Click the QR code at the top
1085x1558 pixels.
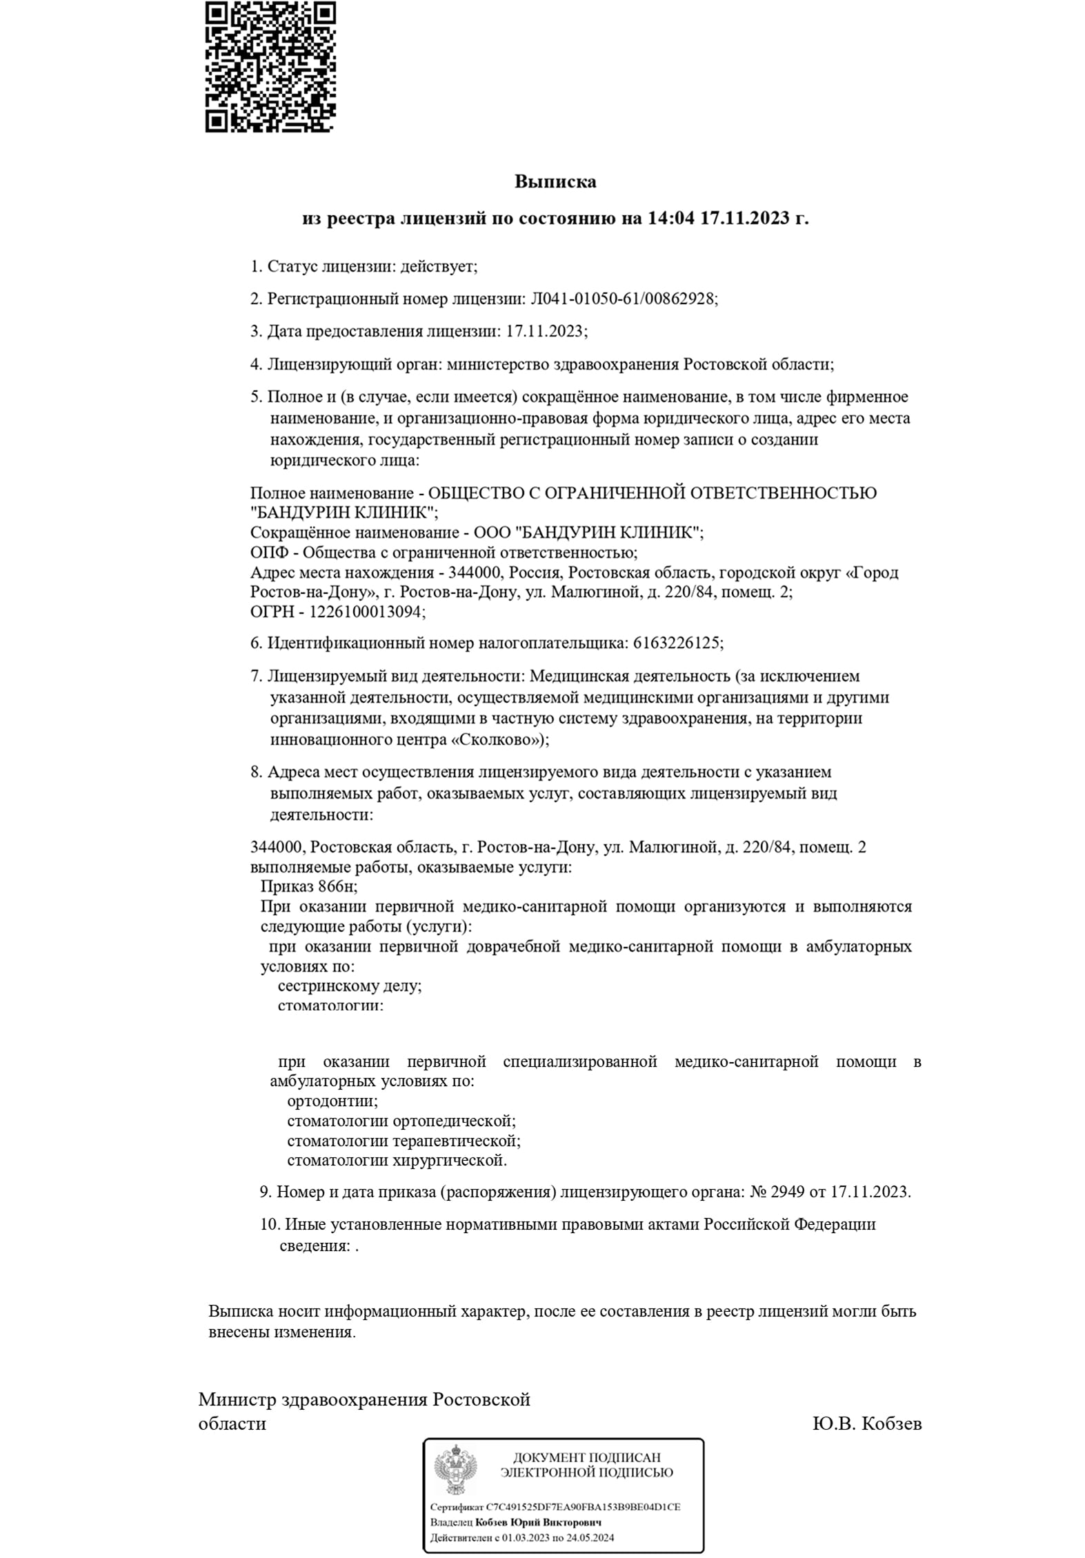point(270,67)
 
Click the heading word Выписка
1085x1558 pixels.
point(555,182)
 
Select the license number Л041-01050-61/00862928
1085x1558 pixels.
point(623,299)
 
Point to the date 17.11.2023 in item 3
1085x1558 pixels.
point(546,332)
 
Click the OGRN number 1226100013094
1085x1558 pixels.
point(367,612)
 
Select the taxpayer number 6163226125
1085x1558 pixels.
point(676,643)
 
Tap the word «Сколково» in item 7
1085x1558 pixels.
point(494,740)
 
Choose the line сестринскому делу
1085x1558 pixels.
point(349,986)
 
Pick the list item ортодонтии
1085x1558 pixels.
point(332,1101)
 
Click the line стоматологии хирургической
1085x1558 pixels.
point(397,1161)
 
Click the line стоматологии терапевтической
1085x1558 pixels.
point(403,1141)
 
